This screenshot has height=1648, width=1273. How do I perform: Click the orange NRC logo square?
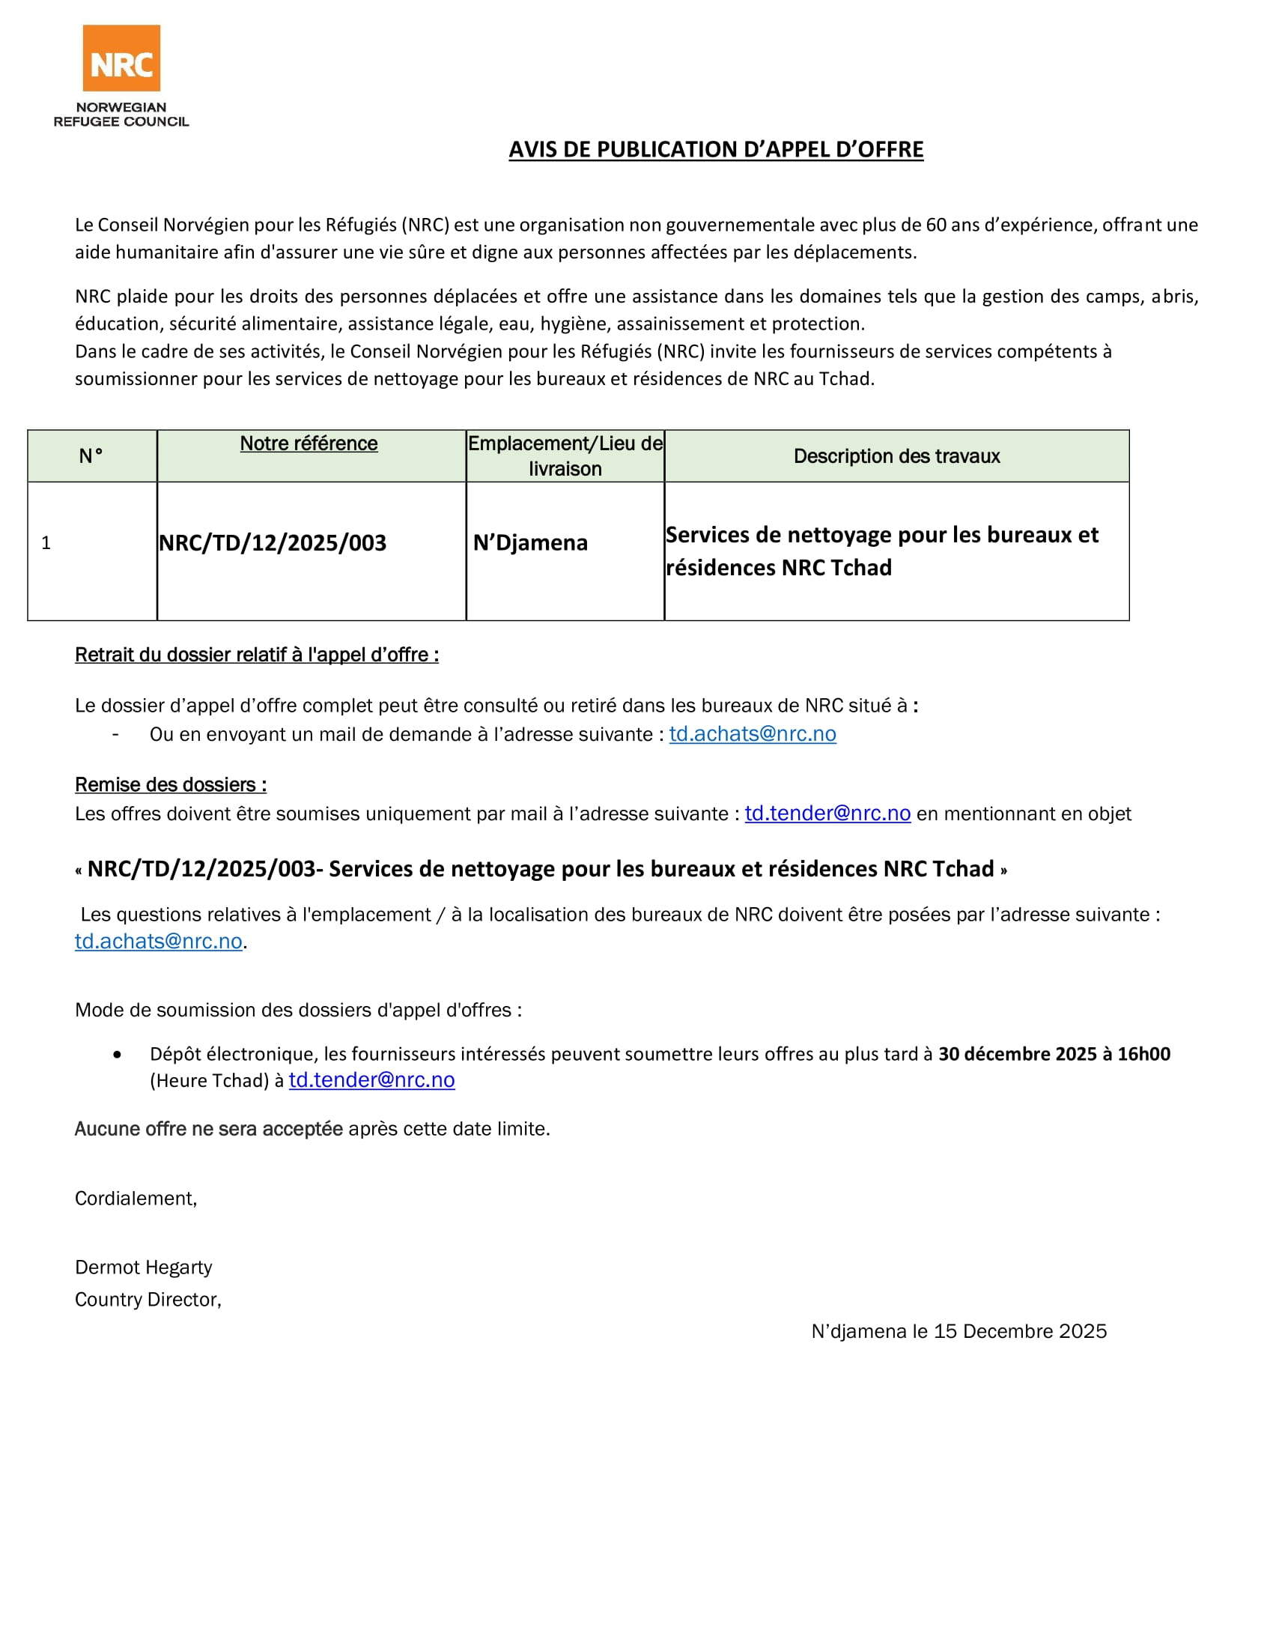point(121,58)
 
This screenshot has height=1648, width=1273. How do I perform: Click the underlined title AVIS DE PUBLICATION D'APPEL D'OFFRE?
point(716,149)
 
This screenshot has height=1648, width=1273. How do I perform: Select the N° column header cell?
point(91,455)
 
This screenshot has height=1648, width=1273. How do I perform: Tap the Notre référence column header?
point(309,443)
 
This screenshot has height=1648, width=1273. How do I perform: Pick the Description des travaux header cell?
point(896,455)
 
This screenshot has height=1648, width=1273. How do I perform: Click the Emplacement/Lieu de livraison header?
point(565,455)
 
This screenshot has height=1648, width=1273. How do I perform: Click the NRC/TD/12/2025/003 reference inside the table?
point(273,542)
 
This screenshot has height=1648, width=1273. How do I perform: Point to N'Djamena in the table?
point(530,542)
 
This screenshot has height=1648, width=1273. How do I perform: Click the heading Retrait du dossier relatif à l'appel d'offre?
point(256,655)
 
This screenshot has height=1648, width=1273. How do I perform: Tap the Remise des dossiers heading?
point(171,785)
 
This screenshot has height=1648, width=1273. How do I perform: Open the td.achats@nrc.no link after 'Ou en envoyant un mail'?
point(753,734)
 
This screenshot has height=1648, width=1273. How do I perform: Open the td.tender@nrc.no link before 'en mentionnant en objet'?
point(827,814)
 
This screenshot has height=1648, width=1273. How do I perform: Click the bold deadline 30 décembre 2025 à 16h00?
point(1054,1054)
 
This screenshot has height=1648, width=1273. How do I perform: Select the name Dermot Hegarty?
point(143,1267)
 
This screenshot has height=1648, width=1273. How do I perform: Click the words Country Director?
point(147,1300)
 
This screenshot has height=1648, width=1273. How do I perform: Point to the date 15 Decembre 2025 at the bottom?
point(1020,1331)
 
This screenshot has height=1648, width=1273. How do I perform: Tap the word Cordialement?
point(136,1199)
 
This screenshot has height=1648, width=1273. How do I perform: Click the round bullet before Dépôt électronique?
point(117,1055)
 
